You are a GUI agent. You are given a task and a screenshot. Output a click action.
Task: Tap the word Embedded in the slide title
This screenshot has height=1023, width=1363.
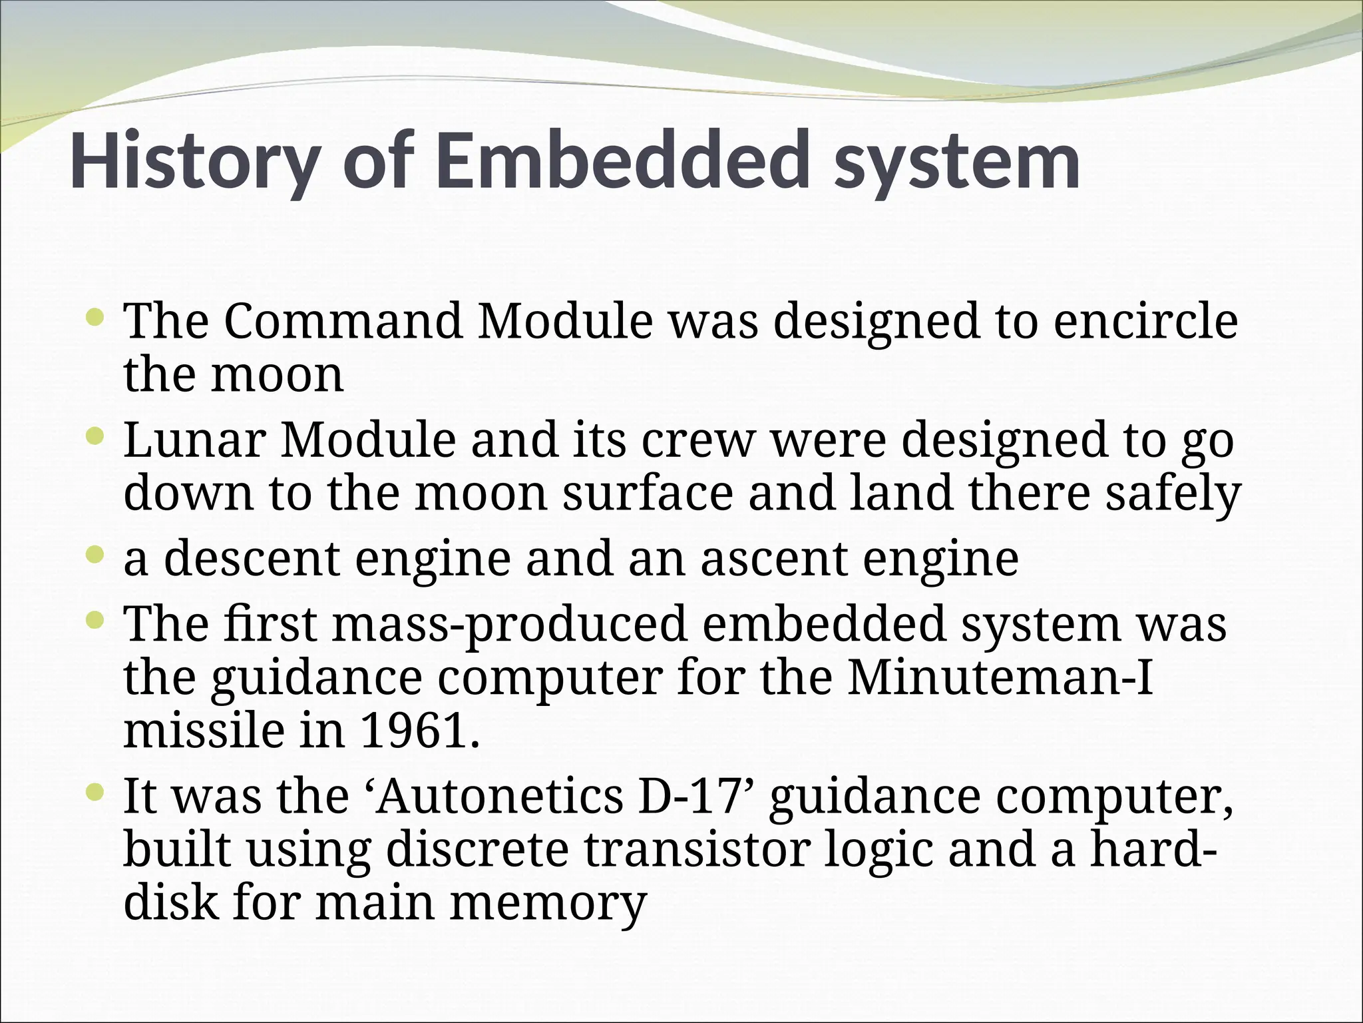point(618,163)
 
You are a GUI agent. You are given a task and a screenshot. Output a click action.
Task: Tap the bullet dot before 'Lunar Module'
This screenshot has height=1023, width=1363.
point(95,436)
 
